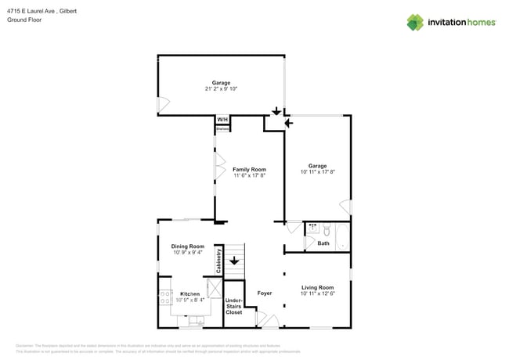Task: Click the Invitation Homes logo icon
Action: click(415, 22)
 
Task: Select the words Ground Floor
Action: click(24, 20)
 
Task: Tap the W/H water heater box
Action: click(222, 120)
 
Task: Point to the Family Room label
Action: click(249, 169)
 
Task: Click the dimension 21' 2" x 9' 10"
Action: click(220, 89)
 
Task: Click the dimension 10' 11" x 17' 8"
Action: click(317, 172)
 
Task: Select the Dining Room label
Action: click(188, 247)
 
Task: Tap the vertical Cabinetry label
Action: click(219, 261)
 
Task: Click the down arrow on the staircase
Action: click(233, 260)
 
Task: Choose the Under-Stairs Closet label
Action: click(234, 306)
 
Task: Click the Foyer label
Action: click(265, 293)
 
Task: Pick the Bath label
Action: click(323, 243)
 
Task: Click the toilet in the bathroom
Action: click(327, 229)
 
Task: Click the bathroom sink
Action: click(312, 229)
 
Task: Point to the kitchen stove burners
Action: click(165, 297)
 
